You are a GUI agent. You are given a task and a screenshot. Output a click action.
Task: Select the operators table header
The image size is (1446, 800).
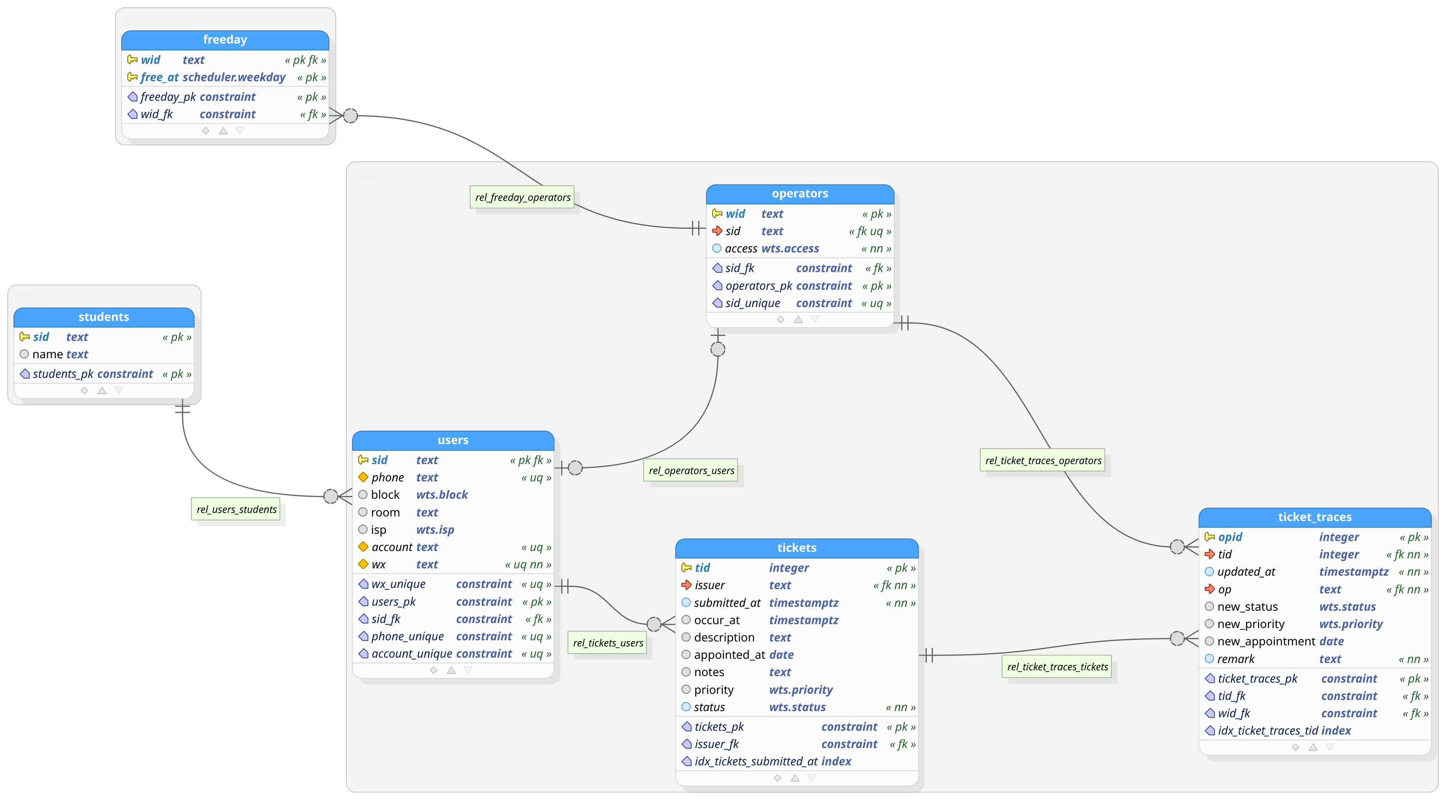tap(799, 194)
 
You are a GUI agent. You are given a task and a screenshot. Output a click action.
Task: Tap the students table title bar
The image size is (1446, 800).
tap(104, 317)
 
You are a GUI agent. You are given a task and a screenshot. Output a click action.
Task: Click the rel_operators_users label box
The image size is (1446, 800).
tap(691, 471)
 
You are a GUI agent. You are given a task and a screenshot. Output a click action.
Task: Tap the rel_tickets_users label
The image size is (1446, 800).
tap(608, 643)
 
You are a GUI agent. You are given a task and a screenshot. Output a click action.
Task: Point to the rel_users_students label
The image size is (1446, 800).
tap(236, 509)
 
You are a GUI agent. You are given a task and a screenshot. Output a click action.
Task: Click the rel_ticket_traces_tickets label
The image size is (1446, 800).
tap(1057, 667)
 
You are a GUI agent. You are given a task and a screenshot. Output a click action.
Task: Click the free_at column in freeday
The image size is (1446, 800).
tap(159, 77)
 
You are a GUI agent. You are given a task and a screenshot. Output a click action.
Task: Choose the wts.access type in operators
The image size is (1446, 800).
tap(790, 249)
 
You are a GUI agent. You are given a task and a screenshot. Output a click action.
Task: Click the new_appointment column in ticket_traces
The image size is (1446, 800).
tap(1265, 641)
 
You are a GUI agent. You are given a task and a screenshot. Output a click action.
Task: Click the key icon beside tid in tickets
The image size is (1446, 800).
tap(686, 568)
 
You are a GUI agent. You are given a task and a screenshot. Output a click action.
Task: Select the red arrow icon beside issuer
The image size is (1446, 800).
tap(686, 585)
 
